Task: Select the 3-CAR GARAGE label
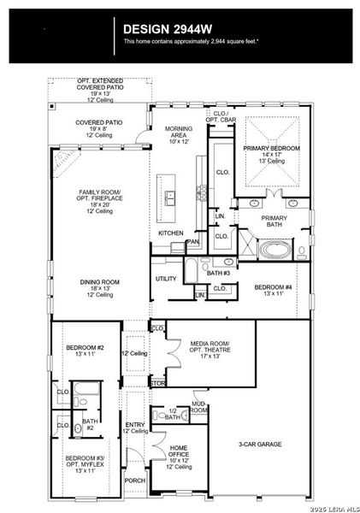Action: pyautogui.click(x=259, y=444)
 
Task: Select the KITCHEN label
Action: pyautogui.click(x=170, y=233)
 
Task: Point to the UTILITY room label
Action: pyautogui.click(x=166, y=279)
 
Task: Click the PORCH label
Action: pyautogui.click(x=135, y=480)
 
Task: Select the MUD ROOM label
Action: pyautogui.click(x=198, y=407)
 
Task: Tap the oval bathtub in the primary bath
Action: pyautogui.click(x=274, y=250)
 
